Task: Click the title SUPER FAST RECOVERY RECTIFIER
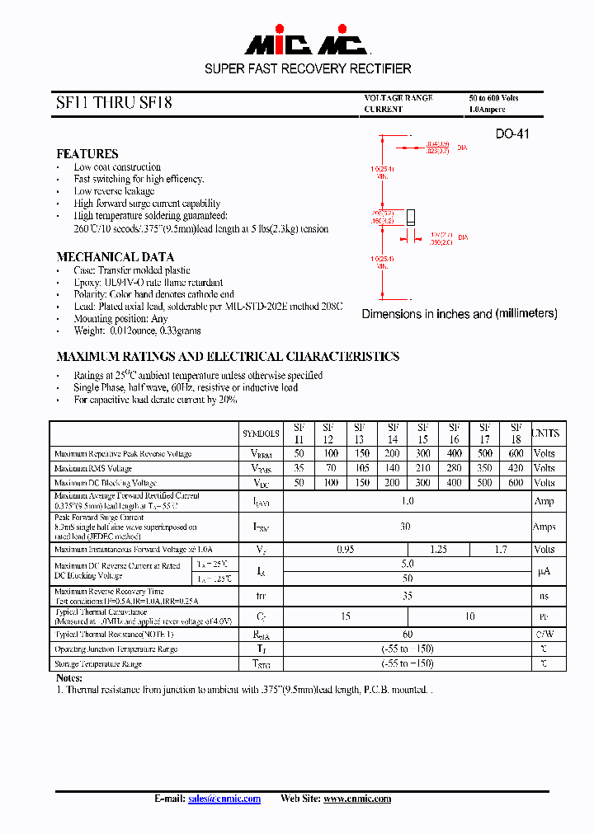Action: [308, 69]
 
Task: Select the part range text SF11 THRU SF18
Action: [115, 104]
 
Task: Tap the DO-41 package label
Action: [511, 134]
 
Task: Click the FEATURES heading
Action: [87, 154]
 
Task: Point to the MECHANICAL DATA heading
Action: [115, 257]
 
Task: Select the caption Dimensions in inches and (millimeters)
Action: [460, 314]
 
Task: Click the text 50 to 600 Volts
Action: [494, 98]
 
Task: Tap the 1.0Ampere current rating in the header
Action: [488, 109]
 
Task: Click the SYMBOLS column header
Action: [261, 433]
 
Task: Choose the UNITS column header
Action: [544, 433]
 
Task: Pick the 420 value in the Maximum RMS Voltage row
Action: [516, 468]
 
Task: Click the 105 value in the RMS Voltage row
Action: [360, 468]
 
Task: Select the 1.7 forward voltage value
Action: [500, 549]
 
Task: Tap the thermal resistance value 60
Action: [407, 635]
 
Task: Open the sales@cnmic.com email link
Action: [224, 799]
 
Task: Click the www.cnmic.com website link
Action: [357, 799]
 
